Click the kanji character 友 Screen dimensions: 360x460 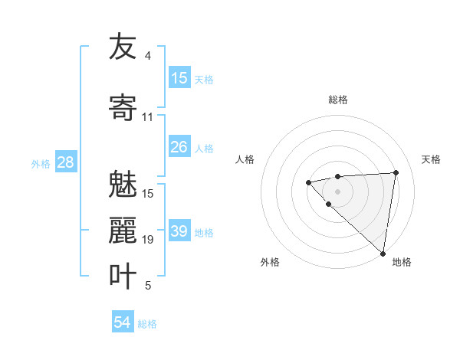point(123,47)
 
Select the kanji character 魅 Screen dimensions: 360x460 point(123,184)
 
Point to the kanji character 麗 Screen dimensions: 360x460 point(123,231)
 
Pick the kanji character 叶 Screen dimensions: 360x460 point(123,277)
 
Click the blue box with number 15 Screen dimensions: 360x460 point(179,78)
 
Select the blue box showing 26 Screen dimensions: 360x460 point(179,147)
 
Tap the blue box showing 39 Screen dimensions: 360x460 point(179,231)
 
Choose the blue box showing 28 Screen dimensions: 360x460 point(65,162)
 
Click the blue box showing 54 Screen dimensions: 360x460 point(123,322)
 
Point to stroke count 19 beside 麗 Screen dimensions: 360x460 point(148,240)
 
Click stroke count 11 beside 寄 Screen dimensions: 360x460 point(148,117)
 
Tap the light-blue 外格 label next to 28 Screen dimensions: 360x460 point(41,163)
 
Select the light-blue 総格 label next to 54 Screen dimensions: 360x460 point(147,324)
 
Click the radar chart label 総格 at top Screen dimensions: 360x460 point(337,100)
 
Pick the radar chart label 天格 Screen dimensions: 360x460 point(432,159)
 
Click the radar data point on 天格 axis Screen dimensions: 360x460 point(396,172)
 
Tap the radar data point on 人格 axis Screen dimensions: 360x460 point(308,182)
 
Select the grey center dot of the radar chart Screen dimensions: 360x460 point(337,191)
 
